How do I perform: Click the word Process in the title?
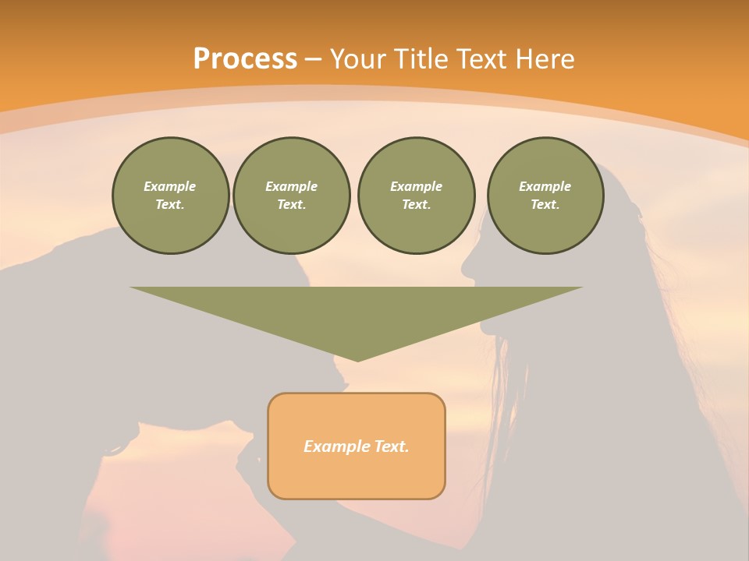245,59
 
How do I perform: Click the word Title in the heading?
423,59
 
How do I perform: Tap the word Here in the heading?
545,59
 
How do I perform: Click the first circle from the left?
170,196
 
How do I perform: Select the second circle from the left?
291,196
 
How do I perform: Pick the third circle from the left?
416,196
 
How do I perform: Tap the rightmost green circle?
545,196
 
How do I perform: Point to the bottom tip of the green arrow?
357,360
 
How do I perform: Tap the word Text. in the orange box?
392,446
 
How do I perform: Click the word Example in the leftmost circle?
170,186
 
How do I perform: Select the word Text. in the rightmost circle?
545,205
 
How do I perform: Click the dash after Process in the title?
313,59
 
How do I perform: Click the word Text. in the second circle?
291,205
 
